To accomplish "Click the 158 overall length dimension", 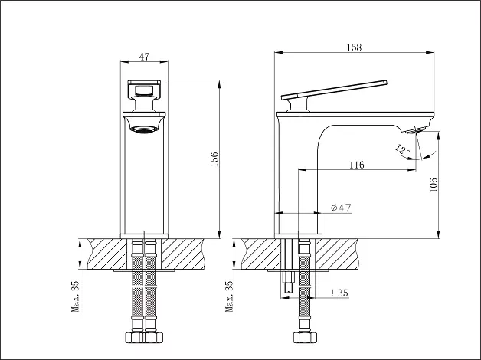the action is pyautogui.click(x=354, y=47).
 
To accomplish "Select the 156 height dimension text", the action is pyautogui.click(x=214, y=159).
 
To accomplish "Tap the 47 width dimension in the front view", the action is pyautogui.click(x=144, y=57).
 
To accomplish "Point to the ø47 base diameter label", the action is pyautogui.click(x=341, y=208).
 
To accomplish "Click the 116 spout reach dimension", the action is pyautogui.click(x=357, y=165).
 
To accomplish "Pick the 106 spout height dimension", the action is pyautogui.click(x=434, y=185).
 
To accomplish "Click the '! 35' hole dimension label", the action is pyautogui.click(x=339, y=293).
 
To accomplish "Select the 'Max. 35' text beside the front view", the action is pyautogui.click(x=76, y=296).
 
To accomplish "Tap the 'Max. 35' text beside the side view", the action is pyautogui.click(x=230, y=296).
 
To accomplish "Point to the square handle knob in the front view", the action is pyautogui.click(x=144, y=89).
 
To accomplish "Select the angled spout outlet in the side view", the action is pyautogui.click(x=414, y=130).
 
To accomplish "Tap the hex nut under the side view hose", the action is pyautogui.click(x=305, y=337).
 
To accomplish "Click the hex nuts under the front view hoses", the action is pyautogui.click(x=144, y=337).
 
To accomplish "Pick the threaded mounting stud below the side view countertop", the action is pyautogui.click(x=288, y=282).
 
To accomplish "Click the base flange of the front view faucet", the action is pyautogui.click(x=144, y=236).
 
